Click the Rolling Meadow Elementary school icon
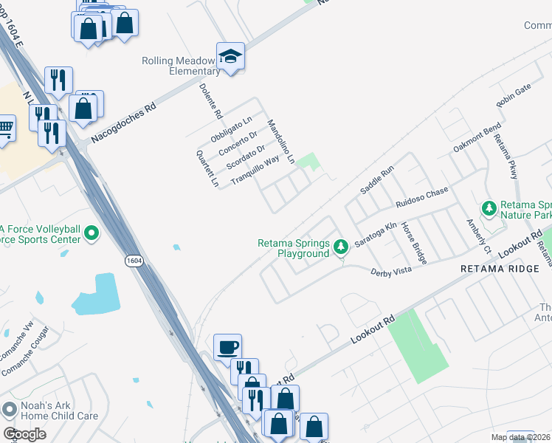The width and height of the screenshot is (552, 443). click(231, 57)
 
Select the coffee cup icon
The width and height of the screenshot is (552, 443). click(227, 346)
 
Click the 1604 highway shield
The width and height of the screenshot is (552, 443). click(134, 261)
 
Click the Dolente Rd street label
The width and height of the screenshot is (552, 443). click(210, 102)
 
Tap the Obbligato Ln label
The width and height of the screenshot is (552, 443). click(232, 129)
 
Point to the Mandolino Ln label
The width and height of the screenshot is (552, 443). click(281, 141)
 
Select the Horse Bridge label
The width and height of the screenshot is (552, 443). click(414, 243)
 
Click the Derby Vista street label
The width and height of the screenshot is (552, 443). click(390, 271)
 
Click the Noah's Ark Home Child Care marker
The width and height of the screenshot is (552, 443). click(10, 408)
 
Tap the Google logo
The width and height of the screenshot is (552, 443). click(24, 434)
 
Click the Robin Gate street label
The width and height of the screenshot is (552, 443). click(514, 95)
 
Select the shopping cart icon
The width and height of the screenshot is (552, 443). click(4, 128)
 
